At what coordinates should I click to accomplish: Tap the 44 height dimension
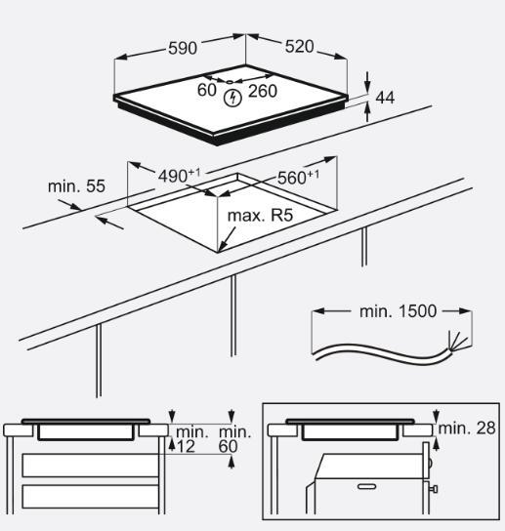(x=385, y=97)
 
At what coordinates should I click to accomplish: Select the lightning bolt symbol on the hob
(x=232, y=97)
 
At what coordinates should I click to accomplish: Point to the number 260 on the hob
(x=263, y=91)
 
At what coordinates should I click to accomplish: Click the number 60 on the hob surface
(x=206, y=90)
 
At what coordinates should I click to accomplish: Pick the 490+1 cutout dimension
(x=180, y=175)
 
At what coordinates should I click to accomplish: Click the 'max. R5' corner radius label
(x=260, y=215)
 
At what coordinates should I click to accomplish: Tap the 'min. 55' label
(x=76, y=185)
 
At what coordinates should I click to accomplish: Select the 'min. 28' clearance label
(x=467, y=429)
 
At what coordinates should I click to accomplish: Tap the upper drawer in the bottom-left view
(x=90, y=465)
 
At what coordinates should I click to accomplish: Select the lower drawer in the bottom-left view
(x=90, y=495)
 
